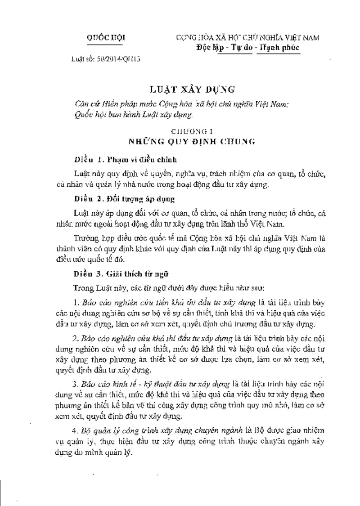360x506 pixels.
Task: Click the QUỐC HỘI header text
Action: [106, 38]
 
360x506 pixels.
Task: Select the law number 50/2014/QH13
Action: [106, 59]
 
